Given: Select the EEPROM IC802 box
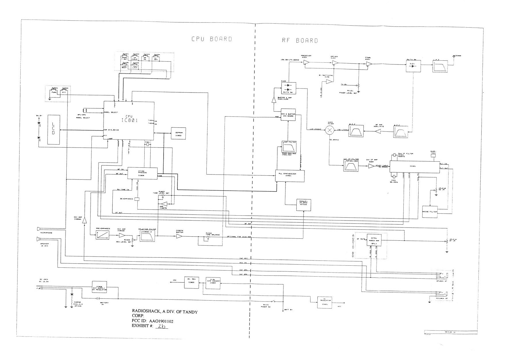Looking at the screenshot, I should coord(179,133).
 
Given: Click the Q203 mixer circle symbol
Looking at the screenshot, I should coord(330,130).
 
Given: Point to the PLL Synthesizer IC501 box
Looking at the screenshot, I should coord(290,176).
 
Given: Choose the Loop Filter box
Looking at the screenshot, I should coord(289,147).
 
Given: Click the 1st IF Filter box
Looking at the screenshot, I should coord(351,165).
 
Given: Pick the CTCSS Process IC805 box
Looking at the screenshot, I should coord(143,173).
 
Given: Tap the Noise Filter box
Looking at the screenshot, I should coord(430,212).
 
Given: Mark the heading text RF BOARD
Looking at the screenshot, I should coord(300,41).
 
